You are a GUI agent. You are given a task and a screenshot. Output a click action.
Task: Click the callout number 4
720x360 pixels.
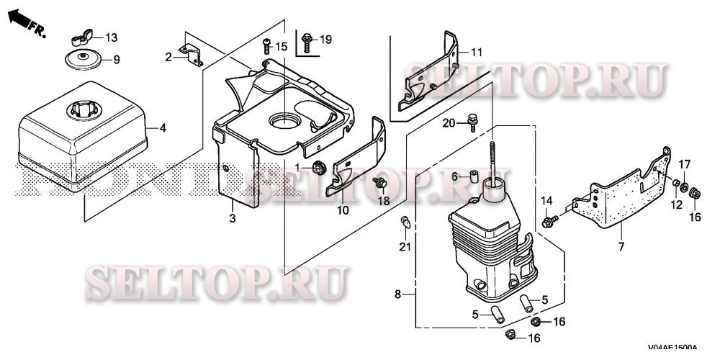[x=163, y=128]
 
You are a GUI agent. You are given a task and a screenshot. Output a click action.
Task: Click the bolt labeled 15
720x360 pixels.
[x=266, y=46]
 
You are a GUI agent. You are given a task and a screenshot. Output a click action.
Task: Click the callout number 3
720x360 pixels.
[x=232, y=217]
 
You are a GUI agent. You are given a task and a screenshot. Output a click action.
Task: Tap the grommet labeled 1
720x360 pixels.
[x=318, y=168]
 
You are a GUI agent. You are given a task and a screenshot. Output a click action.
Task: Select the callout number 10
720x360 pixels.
[x=342, y=210]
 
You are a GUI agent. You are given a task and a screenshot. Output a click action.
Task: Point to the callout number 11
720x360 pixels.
[x=476, y=52]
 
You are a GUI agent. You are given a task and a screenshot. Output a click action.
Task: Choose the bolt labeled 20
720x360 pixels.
[x=472, y=123]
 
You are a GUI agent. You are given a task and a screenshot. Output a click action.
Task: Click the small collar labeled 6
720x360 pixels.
[x=475, y=176]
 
